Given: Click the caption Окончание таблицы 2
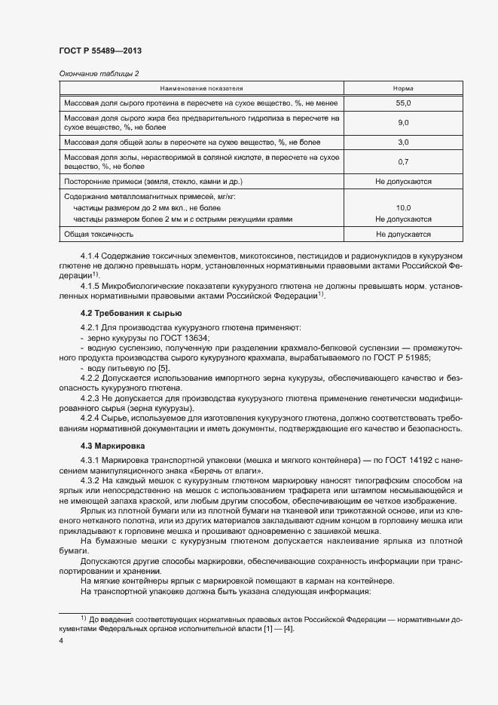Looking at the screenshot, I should pos(99,73).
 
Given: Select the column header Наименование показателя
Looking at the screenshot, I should pos(200,87).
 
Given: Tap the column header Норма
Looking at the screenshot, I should pos(403,87).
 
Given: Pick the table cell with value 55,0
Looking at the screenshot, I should pos(403,102).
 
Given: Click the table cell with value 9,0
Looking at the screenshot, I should pos(403,122).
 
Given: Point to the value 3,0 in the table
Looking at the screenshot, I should pos(403,142).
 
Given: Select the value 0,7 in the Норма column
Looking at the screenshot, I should pos(403,161).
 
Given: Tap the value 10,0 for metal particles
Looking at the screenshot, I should pos(403,207).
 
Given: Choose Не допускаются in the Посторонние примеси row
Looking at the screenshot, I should pos(403,182).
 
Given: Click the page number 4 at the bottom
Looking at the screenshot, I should pos(61,640).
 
